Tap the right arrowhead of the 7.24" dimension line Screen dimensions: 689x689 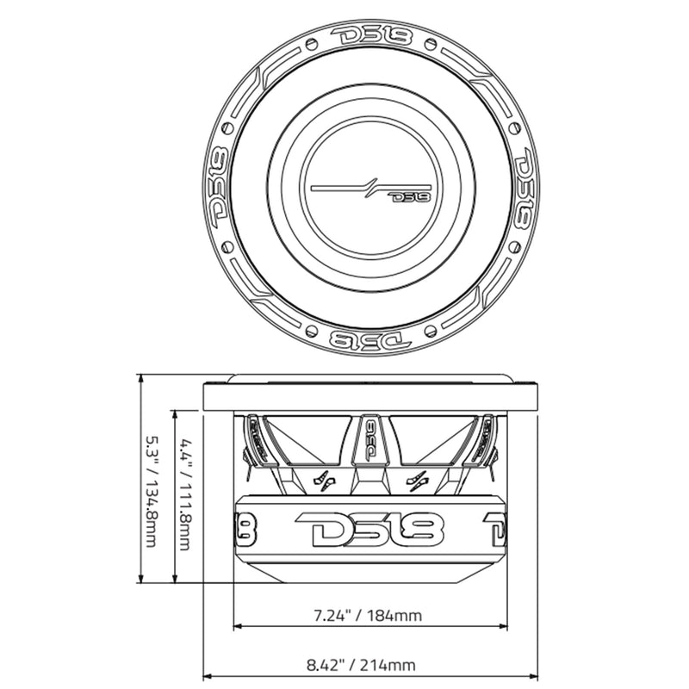pos(503,626)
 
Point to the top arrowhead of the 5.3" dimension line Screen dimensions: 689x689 pos(141,380)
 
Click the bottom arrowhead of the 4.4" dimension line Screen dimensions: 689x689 pos(176,580)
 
